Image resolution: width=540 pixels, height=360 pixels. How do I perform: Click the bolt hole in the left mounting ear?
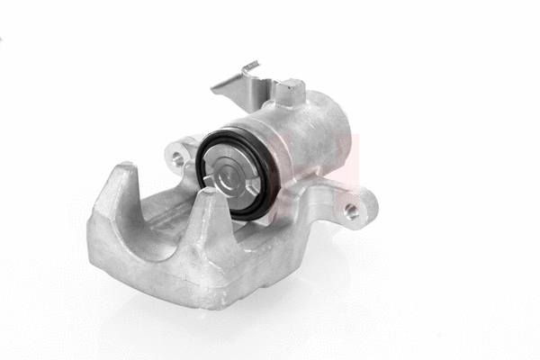coord(177,159)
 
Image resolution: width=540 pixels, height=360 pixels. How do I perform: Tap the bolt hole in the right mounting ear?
coord(351,211)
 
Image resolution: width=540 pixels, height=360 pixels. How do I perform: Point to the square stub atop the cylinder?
coord(291,90)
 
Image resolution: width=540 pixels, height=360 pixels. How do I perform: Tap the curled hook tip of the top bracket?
coord(251,66)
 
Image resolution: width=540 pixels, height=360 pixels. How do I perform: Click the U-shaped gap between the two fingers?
coord(162,216)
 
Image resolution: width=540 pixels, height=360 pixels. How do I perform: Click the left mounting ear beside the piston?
coord(183,153)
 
